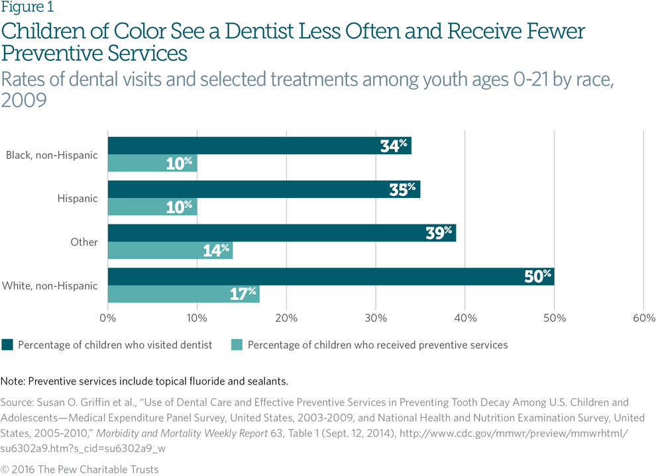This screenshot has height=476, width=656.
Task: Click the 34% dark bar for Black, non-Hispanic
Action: coord(258,146)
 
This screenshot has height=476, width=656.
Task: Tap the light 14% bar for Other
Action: coord(170,250)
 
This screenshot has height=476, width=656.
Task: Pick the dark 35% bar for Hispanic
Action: coord(263,189)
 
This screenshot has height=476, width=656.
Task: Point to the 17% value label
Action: coord(243,294)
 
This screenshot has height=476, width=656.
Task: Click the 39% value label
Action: coord(439,233)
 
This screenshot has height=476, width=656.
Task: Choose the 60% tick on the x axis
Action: coord(644,318)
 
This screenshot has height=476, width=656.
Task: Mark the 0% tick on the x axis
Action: coord(108,318)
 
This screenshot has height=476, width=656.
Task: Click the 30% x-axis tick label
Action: coord(376,318)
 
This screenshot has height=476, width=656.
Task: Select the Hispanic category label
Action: coord(77,199)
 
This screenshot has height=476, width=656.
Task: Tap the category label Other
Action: coord(84,242)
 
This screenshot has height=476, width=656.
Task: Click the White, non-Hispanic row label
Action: coord(50,286)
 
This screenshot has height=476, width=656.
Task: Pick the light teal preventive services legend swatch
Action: coord(237,345)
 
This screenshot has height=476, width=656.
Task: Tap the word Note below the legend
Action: coord(13,381)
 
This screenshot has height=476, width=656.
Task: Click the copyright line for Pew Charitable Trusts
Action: coord(80,469)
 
